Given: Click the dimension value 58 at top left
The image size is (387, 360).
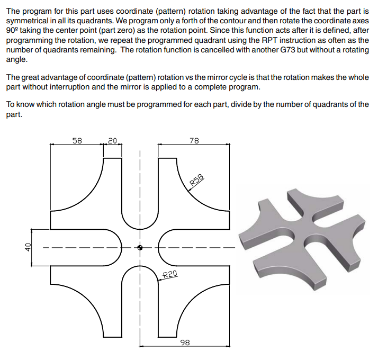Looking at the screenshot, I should pyautogui.click(x=77, y=140).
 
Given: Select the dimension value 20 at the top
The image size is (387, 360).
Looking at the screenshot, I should pyautogui.click(x=112, y=140).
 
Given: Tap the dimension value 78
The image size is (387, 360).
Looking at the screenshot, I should pyautogui.click(x=194, y=140).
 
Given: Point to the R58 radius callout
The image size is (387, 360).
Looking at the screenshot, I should pyautogui.click(x=197, y=181).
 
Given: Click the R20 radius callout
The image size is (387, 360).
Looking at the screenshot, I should pyautogui.click(x=169, y=274).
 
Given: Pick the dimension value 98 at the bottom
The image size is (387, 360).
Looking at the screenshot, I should pyautogui.click(x=185, y=343).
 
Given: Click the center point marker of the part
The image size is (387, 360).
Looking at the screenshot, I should pyautogui.click(x=140, y=247).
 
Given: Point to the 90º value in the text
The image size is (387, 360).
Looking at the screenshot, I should pyautogui.click(x=13, y=31).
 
